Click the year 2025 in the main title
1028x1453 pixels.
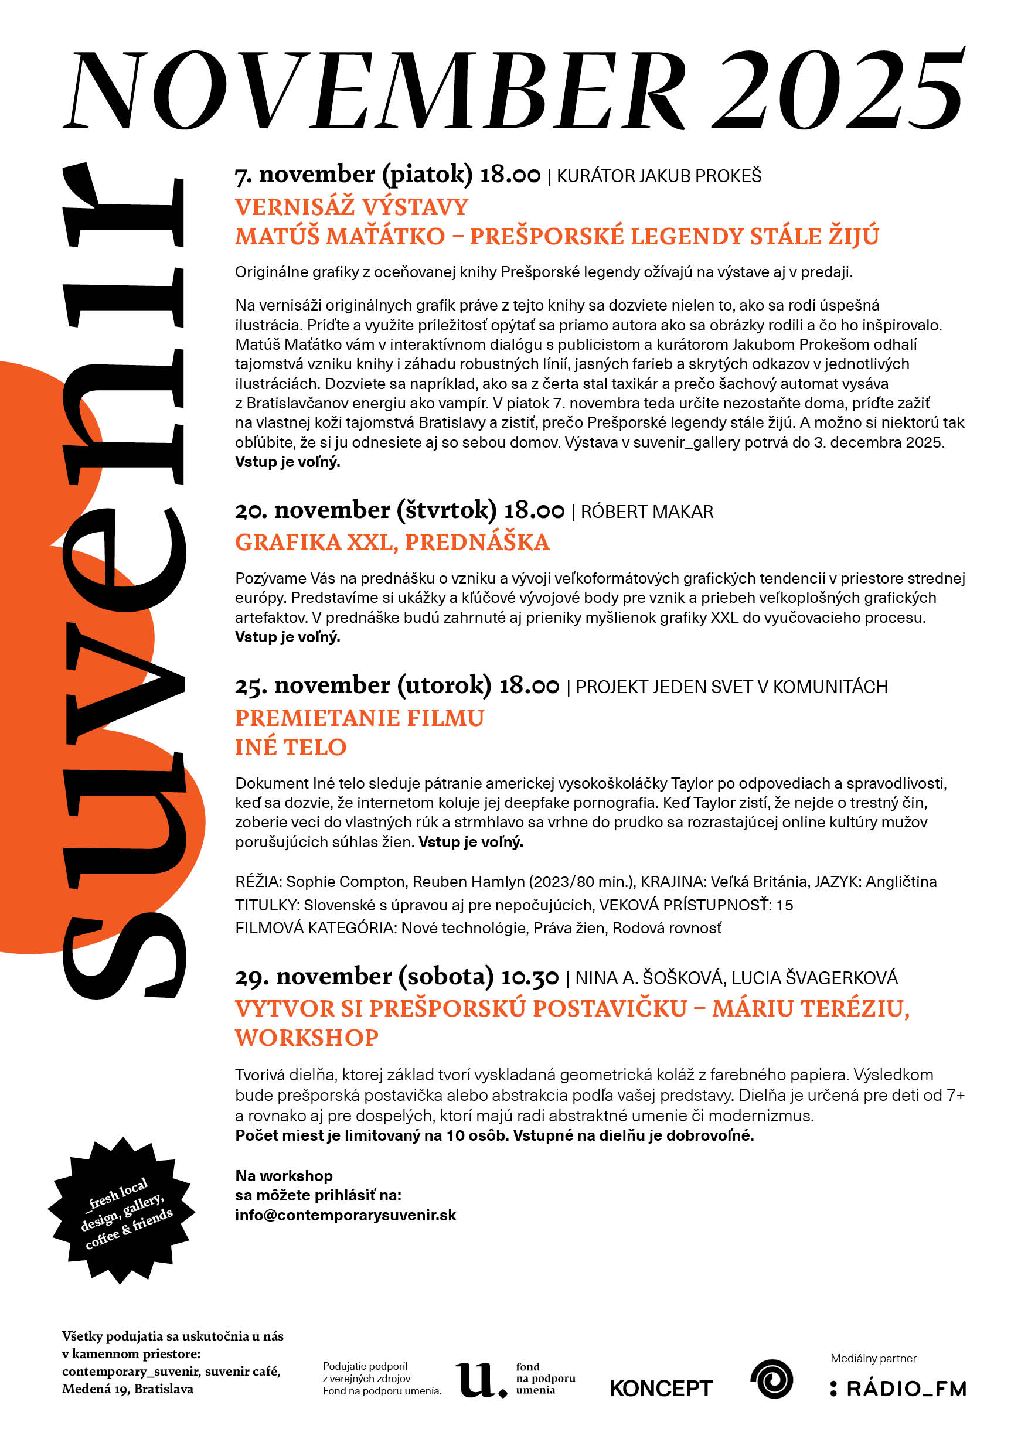[x=839, y=90]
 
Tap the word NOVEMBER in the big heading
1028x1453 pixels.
[x=377, y=90]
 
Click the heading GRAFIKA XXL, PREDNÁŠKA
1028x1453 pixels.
[x=392, y=543]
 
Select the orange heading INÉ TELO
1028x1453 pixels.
[x=291, y=748]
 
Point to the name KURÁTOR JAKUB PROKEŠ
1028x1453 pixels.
[x=659, y=176]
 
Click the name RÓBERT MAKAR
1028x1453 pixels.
[x=646, y=511]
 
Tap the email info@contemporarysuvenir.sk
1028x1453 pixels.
[x=345, y=1215]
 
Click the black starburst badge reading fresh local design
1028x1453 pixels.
[x=121, y=1210]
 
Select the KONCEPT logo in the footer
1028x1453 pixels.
[x=661, y=1389]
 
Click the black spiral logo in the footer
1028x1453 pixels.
[x=771, y=1379]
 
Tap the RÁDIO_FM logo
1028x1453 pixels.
[x=899, y=1389]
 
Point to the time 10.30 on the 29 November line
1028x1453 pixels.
[x=529, y=978]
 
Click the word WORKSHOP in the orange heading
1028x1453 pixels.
[x=307, y=1038]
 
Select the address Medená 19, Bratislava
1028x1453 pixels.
[x=128, y=1389]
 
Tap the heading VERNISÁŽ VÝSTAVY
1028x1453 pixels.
[x=351, y=207]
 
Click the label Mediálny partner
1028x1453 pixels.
[x=873, y=1359]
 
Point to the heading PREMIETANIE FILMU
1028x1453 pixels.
[x=359, y=718]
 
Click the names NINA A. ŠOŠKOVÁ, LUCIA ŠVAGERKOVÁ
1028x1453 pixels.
[x=736, y=978]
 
